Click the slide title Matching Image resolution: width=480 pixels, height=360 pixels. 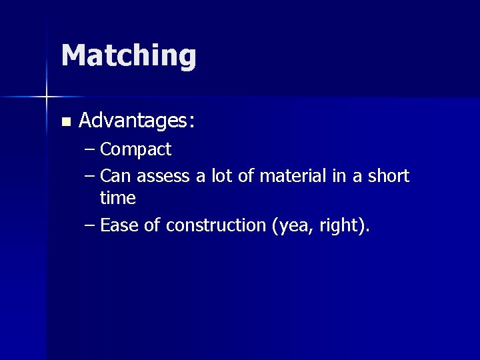click(129, 55)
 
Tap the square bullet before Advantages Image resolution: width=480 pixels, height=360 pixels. click(65, 122)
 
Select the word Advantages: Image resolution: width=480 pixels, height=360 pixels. click(137, 121)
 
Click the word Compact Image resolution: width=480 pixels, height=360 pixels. click(135, 149)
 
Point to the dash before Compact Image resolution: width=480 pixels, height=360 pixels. click(91, 149)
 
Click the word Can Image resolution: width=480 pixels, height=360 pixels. click(115, 176)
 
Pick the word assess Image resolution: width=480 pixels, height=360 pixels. click(163, 177)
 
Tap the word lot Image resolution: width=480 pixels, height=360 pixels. click(222, 176)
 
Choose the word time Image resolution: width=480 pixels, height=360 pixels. click(118, 198)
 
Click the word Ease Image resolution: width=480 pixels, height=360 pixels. click(119, 225)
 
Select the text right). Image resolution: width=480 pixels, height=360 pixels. click(344, 226)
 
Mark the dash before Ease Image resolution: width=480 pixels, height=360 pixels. click(91, 225)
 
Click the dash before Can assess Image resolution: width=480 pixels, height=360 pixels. click(91, 176)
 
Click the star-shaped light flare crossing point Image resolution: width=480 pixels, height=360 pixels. click(47, 97)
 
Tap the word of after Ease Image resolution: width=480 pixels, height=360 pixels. click(152, 225)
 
